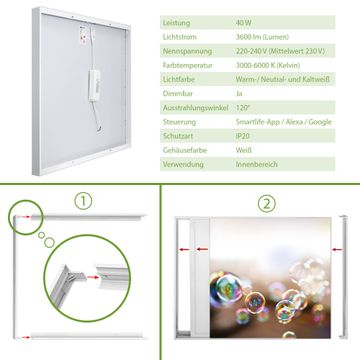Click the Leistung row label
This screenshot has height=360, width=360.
pyautogui.click(x=176, y=23)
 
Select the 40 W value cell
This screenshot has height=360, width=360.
pyautogui.click(x=244, y=23)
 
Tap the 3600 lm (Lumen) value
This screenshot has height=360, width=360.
pyautogui.click(x=262, y=37)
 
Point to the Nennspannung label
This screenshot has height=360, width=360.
pyautogui.click(x=187, y=51)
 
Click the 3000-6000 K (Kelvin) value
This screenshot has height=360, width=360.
pyautogui.click(x=268, y=65)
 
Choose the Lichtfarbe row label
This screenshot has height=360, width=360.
pyautogui.click(x=179, y=80)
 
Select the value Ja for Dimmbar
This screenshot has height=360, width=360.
pyautogui.click(x=239, y=94)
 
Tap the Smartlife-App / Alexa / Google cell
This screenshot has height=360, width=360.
pyautogui.click(x=284, y=122)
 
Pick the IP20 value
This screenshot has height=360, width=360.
pyautogui.click(x=242, y=136)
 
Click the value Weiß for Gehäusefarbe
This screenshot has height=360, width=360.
pyautogui.click(x=244, y=150)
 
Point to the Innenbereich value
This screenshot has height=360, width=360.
pyautogui.click(x=257, y=164)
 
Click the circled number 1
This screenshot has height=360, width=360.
pyautogui.click(x=83, y=201)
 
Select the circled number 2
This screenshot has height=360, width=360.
pyautogui.click(x=267, y=204)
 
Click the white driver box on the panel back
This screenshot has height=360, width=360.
pyautogui.click(x=94, y=86)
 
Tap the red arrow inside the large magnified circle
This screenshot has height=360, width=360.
pyautogui.click(x=93, y=277)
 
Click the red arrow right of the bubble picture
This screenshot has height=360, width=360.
pyautogui.click(x=336, y=249)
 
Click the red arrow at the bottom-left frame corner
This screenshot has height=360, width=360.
pyautogui.click(x=23, y=337)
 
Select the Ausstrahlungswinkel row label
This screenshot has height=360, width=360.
pyautogui.click(x=195, y=108)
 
